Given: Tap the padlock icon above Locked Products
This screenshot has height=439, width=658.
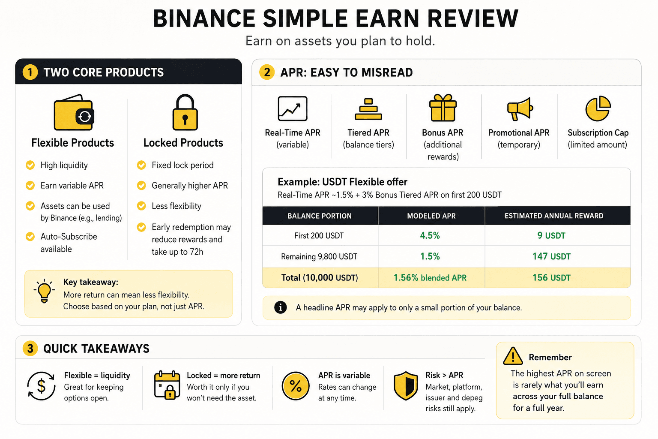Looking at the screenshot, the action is (x=185, y=112).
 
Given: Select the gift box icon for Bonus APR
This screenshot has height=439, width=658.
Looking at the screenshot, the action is (x=443, y=108).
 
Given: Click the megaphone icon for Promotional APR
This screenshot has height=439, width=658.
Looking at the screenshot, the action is (x=520, y=109).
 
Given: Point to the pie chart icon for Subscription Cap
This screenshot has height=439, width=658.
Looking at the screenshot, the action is (x=598, y=108).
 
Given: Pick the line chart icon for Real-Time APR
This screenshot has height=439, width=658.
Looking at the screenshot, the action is (x=293, y=108).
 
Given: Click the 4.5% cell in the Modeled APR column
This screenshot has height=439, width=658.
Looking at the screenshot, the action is (x=430, y=235).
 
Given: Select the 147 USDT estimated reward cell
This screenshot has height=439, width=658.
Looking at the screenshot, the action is (x=551, y=256).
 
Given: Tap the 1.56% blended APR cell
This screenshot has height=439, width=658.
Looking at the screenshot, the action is (x=430, y=277).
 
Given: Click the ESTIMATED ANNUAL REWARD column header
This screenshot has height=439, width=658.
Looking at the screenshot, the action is (x=554, y=216).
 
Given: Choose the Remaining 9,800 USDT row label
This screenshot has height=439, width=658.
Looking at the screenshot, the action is (x=319, y=257).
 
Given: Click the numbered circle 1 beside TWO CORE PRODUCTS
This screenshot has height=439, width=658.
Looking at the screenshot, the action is (x=30, y=72).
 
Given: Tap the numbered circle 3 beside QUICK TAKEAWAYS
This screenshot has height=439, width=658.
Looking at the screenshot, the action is (x=30, y=349).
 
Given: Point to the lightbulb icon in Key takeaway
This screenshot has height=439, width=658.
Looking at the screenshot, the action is (x=44, y=291).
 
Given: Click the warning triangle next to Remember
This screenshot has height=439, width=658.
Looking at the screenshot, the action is (x=513, y=356).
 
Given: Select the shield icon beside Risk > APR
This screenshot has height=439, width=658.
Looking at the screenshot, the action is (x=406, y=385).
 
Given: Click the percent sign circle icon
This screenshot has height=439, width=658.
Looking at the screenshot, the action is (x=296, y=386).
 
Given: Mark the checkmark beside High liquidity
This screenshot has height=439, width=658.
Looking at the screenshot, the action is (x=30, y=165).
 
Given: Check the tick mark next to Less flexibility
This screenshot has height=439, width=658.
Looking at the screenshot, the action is (x=141, y=206).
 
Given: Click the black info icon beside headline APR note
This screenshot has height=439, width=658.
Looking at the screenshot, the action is (x=280, y=307).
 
